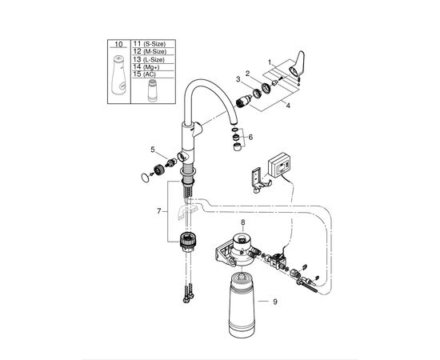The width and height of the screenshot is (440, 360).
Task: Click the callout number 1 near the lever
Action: [x=270, y=61]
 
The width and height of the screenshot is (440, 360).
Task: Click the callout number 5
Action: [x=154, y=149]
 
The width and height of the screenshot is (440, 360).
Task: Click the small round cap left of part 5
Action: [x=147, y=177]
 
